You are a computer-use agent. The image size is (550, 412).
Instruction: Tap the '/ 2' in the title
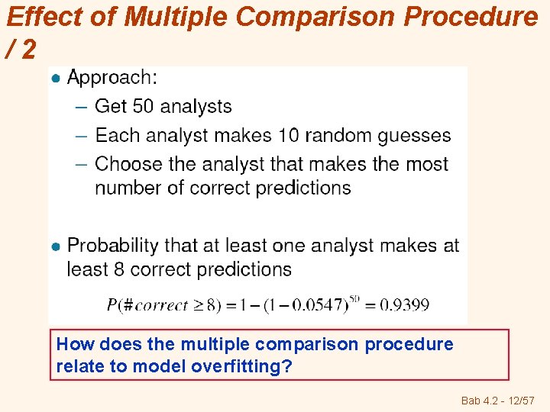[x=21, y=50]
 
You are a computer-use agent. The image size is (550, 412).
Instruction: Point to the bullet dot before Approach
[x=55, y=78]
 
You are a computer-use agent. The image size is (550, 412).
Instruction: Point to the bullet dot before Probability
[x=55, y=246]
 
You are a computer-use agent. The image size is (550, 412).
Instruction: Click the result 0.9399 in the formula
[x=404, y=305]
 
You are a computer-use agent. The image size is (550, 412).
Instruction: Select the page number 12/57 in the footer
[x=522, y=401]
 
